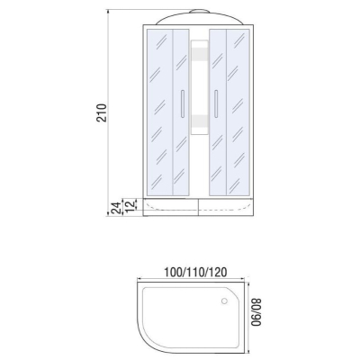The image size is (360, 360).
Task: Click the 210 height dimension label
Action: (102, 112)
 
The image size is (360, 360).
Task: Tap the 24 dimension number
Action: (116, 208)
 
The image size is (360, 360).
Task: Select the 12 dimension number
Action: (129, 205)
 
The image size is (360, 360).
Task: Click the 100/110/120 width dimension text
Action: (195, 272)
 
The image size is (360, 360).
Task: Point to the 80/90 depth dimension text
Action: (256, 311)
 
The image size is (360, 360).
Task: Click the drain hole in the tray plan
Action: (224, 301)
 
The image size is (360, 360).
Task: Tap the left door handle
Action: (182, 103)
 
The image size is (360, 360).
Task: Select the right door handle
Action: (216, 103)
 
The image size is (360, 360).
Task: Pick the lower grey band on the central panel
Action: (199, 121)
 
